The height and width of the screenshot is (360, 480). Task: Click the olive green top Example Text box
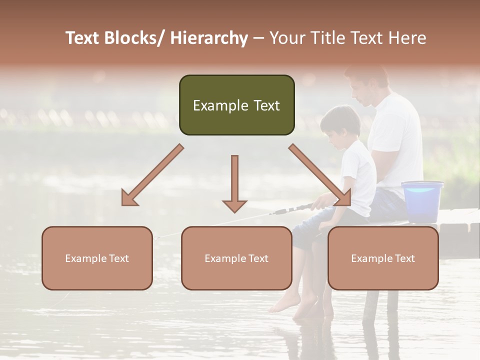236,105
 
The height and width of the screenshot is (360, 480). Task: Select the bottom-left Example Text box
97,258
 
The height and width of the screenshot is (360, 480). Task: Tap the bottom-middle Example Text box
236,258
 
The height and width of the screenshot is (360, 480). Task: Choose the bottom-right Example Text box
383,258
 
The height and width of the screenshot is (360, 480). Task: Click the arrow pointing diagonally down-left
152,175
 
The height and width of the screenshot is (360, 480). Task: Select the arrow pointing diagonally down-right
320,175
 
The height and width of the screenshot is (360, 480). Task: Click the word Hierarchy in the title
209,38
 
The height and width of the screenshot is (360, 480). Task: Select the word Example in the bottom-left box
82,258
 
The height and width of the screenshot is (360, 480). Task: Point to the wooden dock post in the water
370,305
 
